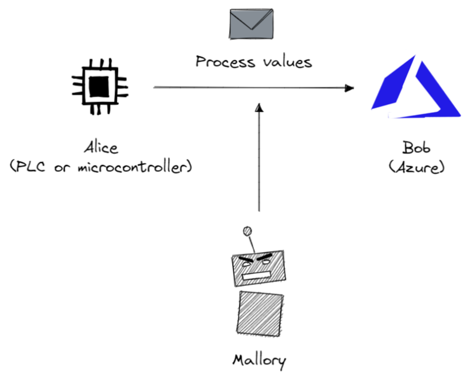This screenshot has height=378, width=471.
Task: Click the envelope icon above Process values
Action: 251,24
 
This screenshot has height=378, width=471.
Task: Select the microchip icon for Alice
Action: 100,86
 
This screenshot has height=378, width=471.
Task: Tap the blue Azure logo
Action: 415,86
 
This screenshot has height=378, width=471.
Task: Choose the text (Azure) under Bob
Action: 416,167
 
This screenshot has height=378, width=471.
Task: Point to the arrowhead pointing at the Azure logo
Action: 350,88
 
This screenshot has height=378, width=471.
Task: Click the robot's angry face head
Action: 259,268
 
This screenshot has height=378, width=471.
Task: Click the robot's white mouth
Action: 259,275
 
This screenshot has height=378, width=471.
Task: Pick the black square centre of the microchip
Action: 99,87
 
